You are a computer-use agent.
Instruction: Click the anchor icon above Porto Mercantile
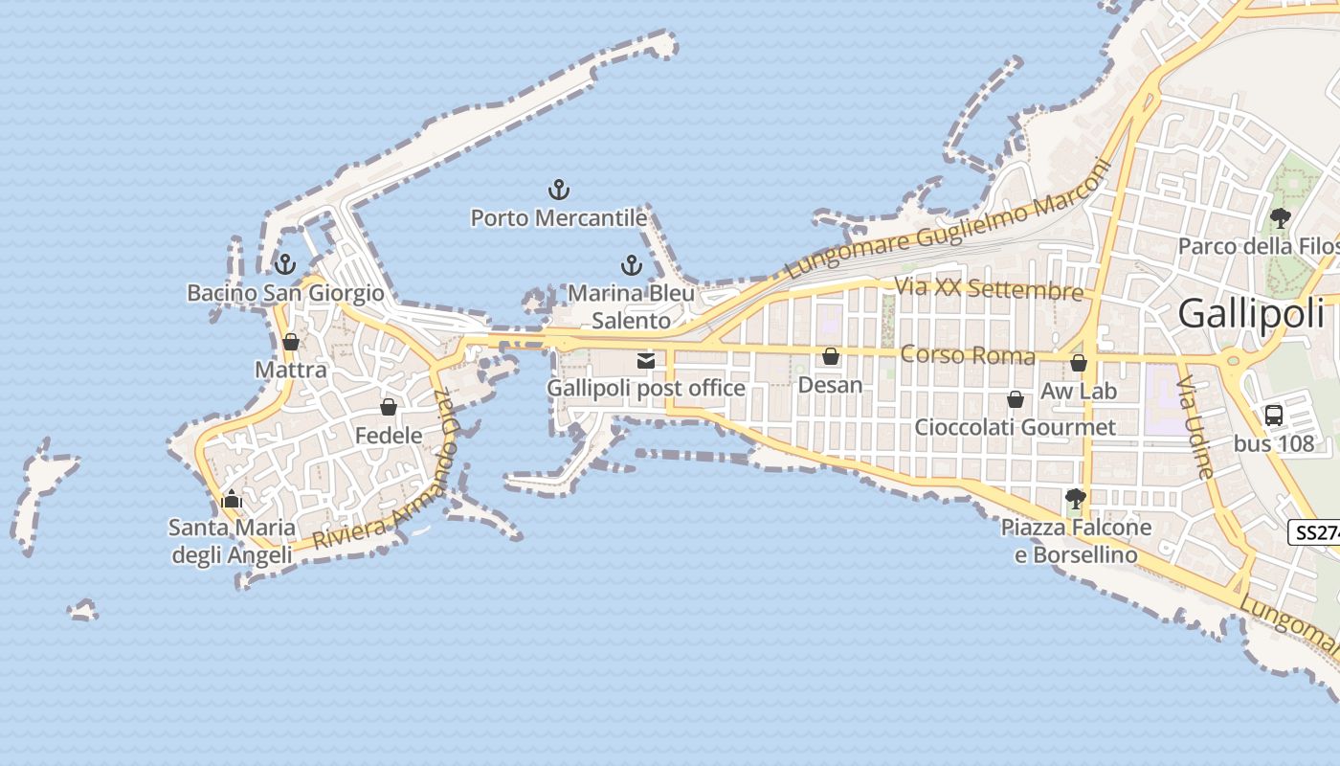(x=558, y=190)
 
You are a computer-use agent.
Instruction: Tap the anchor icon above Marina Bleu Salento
(x=631, y=265)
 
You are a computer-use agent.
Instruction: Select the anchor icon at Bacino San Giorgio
(x=284, y=263)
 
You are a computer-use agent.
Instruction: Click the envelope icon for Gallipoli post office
(x=646, y=361)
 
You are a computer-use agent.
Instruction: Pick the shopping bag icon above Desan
(x=831, y=356)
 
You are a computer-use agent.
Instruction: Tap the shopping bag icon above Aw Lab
(x=1079, y=363)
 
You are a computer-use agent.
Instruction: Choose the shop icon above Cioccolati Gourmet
(x=1016, y=399)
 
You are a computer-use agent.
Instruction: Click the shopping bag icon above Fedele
(x=389, y=408)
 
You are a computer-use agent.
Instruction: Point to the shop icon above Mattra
(x=291, y=342)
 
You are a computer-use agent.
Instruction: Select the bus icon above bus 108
(x=1274, y=416)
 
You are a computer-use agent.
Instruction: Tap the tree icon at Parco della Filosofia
(x=1281, y=218)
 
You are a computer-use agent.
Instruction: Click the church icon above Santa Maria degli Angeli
(x=231, y=499)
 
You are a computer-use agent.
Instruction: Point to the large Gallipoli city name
(x=1252, y=313)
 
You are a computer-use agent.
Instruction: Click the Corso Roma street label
(x=968, y=356)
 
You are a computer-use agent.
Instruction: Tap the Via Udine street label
(x=1196, y=427)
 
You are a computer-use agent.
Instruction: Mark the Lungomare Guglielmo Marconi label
(x=949, y=219)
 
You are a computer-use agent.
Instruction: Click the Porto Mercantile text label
(x=559, y=218)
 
